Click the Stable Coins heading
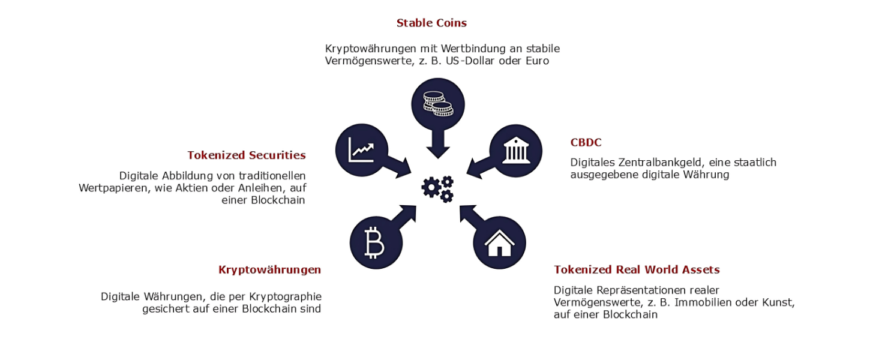point(431,23)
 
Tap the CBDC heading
point(586,143)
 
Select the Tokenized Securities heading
point(247,155)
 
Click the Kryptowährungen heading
point(270,270)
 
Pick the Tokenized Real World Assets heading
point(637,270)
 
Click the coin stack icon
point(438,104)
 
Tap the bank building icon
point(516,150)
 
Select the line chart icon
point(361,150)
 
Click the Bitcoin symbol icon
point(374,243)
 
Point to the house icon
point(499,243)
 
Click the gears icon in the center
point(437,189)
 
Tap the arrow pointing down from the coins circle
point(438,144)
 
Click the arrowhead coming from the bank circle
point(475,169)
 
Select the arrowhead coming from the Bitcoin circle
point(407,214)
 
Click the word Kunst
point(778,303)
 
